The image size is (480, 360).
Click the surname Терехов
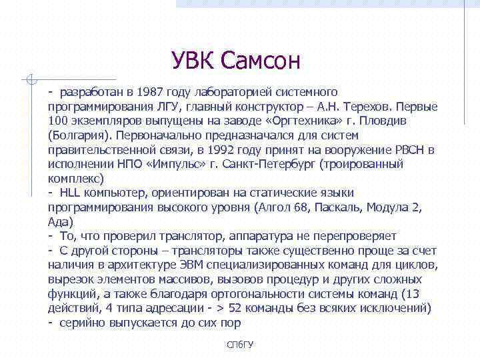(x=369, y=106)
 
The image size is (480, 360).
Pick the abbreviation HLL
(x=70, y=193)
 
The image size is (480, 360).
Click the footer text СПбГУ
(x=240, y=344)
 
